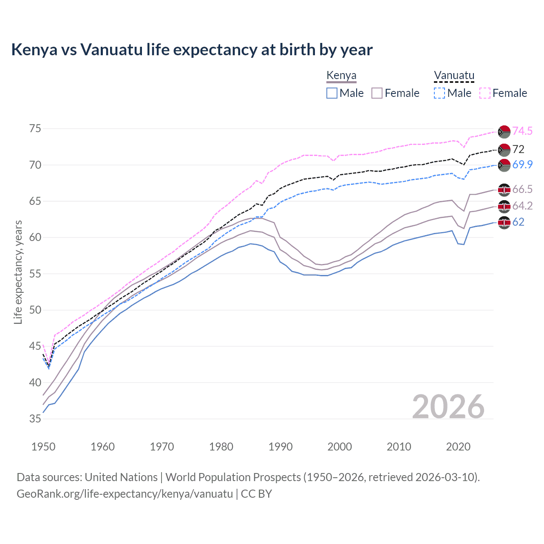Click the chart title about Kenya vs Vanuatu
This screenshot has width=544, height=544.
(x=192, y=50)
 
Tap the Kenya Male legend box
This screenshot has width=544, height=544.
(x=332, y=93)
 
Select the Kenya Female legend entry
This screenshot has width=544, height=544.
(x=395, y=93)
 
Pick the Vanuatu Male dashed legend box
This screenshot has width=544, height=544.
(x=439, y=93)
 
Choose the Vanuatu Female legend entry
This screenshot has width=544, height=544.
(x=503, y=93)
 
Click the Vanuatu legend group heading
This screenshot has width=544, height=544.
(x=454, y=76)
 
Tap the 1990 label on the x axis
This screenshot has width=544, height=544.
(x=280, y=447)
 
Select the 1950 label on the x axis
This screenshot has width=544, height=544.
(x=43, y=447)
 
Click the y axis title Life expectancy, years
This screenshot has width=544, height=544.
(x=18, y=272)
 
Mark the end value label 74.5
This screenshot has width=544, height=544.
(x=522, y=131)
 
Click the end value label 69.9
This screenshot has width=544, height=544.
(x=522, y=165)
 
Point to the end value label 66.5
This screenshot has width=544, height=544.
(x=522, y=190)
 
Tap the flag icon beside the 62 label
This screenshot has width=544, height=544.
(x=504, y=222)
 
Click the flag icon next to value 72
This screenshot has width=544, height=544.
(x=504, y=150)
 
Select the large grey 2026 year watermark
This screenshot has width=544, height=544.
(x=448, y=407)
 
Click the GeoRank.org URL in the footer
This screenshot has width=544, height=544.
(x=125, y=494)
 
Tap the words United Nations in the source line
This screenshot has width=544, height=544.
(x=121, y=477)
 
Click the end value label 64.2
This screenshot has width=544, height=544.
(x=522, y=206)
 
